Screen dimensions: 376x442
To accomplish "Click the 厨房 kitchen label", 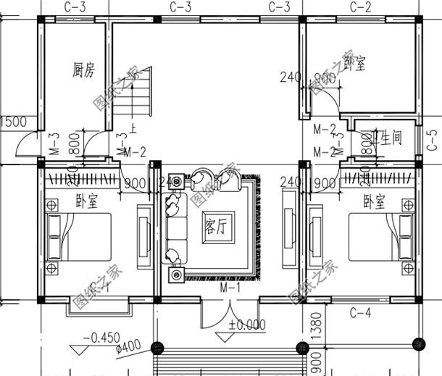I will [x=84, y=70].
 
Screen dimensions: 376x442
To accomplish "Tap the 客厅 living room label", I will [x=217, y=227].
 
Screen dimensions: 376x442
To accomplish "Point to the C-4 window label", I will [x=361, y=313].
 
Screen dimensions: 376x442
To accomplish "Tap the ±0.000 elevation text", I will [x=246, y=325].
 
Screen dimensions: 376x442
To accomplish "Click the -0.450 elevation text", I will [x=99, y=338].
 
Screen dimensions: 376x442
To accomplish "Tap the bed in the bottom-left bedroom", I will [x=80, y=238].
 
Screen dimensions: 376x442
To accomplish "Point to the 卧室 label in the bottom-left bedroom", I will [x=87, y=201].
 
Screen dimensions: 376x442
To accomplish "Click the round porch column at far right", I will [x=417, y=343].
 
